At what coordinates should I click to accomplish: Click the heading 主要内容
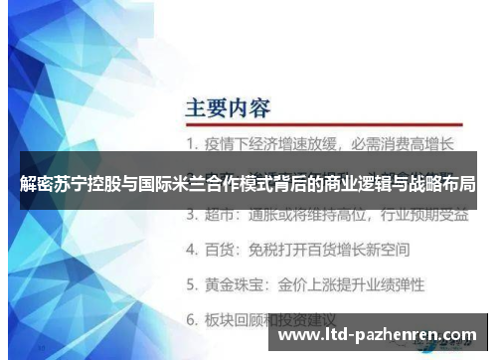click(229, 105)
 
